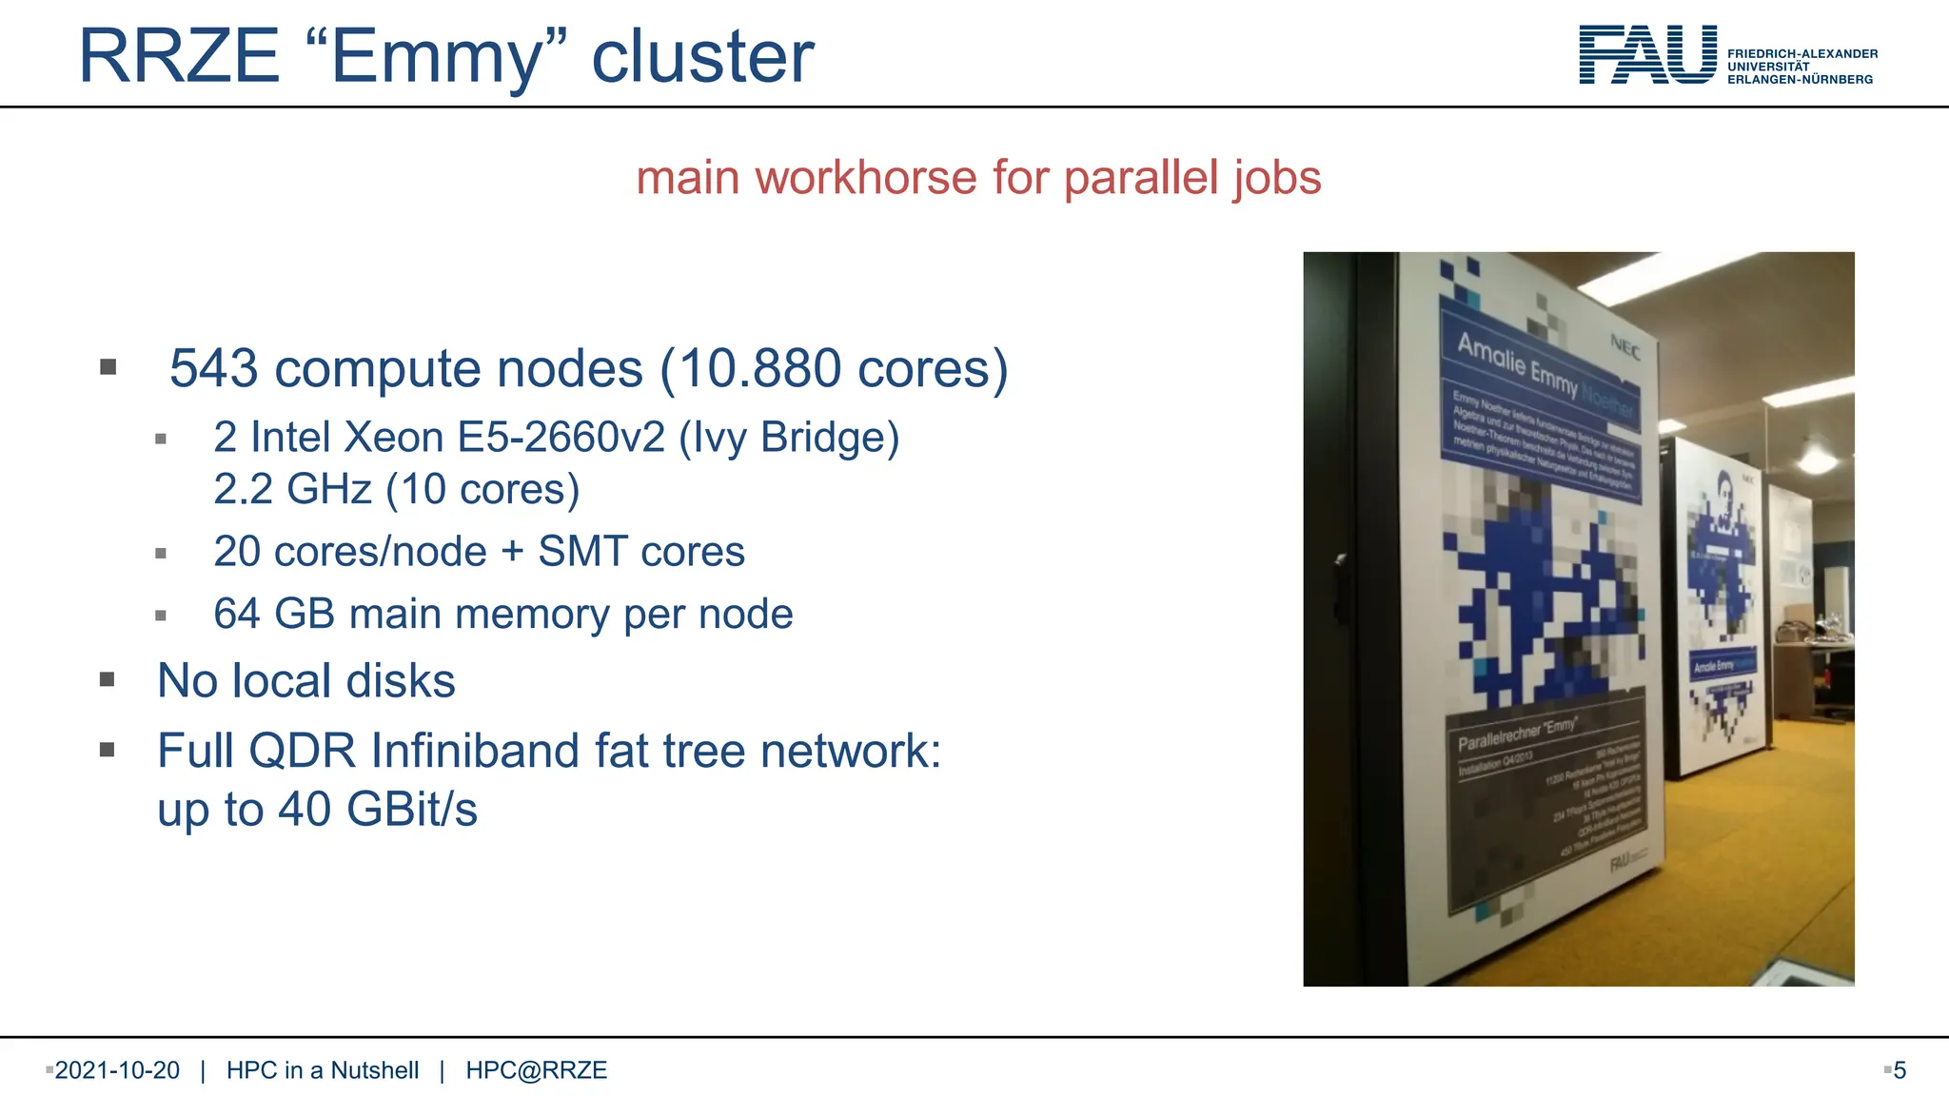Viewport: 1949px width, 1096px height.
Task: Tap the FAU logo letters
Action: pyautogui.click(x=1647, y=55)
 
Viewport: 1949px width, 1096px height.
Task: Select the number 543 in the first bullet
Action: pyautogui.click(x=213, y=368)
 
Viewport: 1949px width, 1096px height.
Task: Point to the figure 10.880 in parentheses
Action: pyautogui.click(x=760, y=368)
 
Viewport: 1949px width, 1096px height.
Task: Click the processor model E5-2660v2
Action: pyautogui.click(x=561, y=438)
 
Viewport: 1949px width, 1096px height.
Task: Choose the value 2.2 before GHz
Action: pyautogui.click(x=243, y=489)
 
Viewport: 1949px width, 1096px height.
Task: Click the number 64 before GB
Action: pyautogui.click(x=237, y=614)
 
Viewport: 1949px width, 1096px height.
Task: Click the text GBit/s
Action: pyautogui.click(x=411, y=810)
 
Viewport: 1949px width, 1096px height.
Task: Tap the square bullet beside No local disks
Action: pyautogui.click(x=108, y=679)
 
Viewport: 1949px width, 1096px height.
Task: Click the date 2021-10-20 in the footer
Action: pyautogui.click(x=117, y=1070)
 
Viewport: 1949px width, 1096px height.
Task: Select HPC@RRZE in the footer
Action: pyautogui.click(x=536, y=1070)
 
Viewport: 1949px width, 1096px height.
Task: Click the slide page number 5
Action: pyautogui.click(x=1900, y=1070)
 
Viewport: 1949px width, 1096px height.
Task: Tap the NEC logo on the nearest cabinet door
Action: pyautogui.click(x=1624, y=348)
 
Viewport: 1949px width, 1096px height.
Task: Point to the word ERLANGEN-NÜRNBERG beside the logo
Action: pyautogui.click(x=1800, y=80)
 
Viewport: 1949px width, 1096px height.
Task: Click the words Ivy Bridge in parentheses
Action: pyautogui.click(x=789, y=438)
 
